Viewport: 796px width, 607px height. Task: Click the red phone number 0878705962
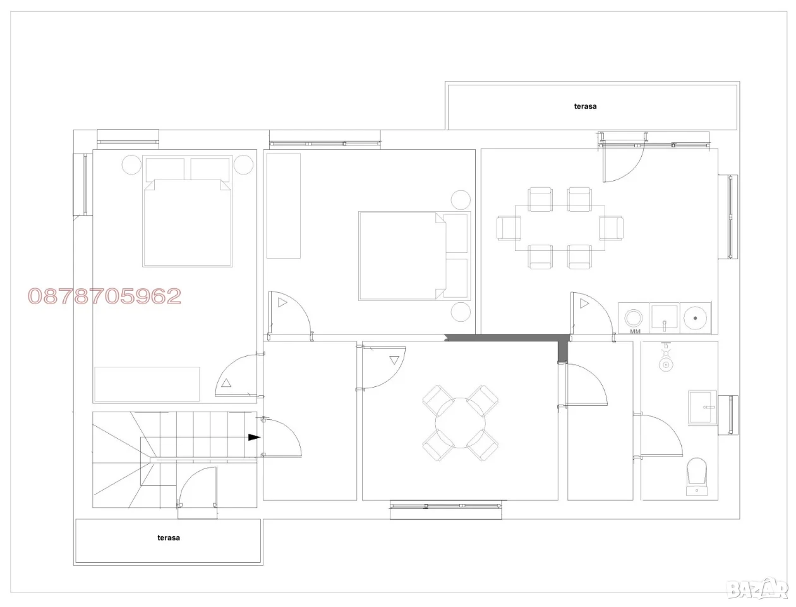click(104, 296)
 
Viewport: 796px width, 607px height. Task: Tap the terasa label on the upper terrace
click(585, 106)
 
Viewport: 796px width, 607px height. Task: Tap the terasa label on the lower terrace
click(168, 537)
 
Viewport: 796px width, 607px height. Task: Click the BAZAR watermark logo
click(759, 589)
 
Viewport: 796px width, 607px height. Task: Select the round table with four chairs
click(460, 423)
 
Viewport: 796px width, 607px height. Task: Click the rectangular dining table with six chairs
click(560, 228)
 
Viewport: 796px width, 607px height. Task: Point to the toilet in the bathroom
click(697, 476)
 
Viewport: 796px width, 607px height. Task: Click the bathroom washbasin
click(702, 408)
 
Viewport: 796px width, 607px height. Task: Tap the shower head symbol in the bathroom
click(665, 358)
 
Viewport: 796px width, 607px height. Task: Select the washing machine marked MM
click(633, 318)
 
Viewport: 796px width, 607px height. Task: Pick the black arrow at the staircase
click(254, 437)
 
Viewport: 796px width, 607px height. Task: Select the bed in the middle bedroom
click(414, 256)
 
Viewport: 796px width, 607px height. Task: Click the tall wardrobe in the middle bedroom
click(283, 205)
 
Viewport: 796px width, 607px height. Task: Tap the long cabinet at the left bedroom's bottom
click(147, 384)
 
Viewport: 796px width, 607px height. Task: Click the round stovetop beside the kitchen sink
click(695, 318)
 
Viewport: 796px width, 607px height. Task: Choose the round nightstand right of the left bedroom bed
click(243, 165)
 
